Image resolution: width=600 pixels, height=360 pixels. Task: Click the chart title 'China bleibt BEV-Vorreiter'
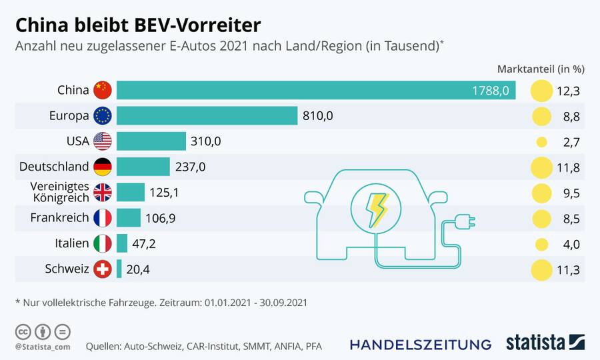[x=138, y=25]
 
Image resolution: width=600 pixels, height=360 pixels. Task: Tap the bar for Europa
[x=207, y=115]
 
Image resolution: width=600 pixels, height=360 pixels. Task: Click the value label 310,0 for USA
[x=207, y=141]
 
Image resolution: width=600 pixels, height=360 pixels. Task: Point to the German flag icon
[x=103, y=167]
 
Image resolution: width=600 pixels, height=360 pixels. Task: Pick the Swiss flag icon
[x=103, y=269]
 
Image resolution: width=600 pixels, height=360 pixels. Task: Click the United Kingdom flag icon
[x=103, y=193]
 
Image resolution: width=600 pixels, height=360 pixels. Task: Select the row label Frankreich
[x=59, y=218]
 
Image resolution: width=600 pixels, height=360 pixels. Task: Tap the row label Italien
[x=72, y=244]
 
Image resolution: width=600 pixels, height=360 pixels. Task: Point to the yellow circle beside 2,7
[x=541, y=142]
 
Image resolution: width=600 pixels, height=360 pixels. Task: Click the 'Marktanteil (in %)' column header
[x=541, y=69]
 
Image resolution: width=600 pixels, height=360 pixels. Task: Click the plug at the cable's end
[x=464, y=221]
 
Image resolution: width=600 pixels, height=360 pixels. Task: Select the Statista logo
[x=545, y=343]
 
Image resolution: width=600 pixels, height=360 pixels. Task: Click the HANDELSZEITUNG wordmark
[x=420, y=344]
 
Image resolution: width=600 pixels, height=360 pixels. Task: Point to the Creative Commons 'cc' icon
[x=24, y=331]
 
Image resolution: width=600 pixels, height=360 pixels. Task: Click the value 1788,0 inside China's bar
[x=491, y=91]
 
